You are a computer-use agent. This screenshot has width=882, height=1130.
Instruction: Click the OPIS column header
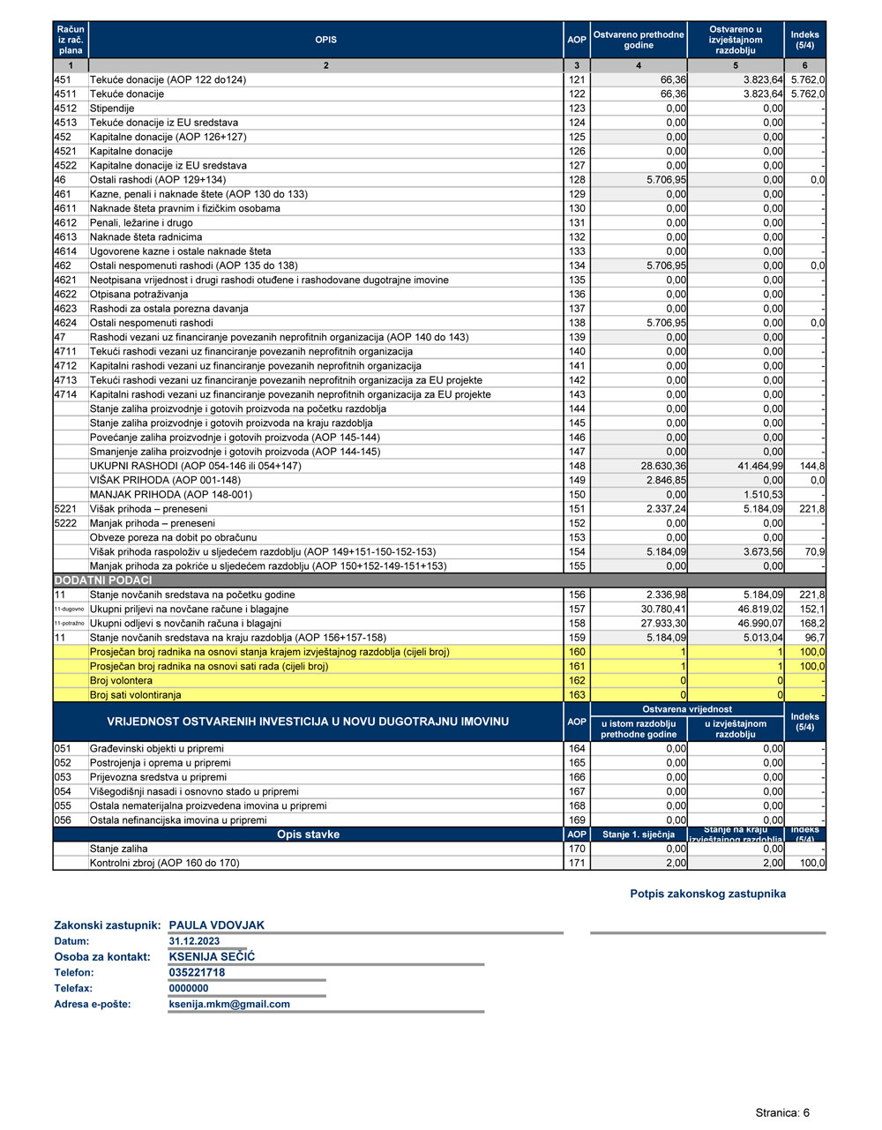[x=325, y=40]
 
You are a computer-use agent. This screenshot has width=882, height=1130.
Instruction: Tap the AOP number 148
[x=577, y=466]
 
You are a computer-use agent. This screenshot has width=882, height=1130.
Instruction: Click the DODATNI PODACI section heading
[x=103, y=580]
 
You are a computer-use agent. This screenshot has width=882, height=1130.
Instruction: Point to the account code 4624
[x=65, y=323]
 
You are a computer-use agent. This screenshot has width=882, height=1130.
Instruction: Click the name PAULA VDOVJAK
[x=217, y=925]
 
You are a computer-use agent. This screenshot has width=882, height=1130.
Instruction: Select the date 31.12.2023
[x=194, y=941]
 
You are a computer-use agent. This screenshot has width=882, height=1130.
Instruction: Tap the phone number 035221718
[x=197, y=973]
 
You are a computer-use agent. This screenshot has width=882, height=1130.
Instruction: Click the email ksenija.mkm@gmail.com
[x=229, y=1004]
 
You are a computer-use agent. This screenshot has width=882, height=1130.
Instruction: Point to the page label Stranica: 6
[x=782, y=1113]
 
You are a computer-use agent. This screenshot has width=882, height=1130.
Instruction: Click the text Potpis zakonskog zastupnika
[x=707, y=894]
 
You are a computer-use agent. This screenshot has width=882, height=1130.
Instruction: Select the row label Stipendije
[x=112, y=109]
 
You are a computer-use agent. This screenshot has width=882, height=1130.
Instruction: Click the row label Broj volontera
[x=121, y=680]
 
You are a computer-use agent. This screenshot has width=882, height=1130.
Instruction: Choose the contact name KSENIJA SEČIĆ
[x=212, y=957]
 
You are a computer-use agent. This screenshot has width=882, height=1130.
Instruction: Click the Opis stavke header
[x=308, y=834]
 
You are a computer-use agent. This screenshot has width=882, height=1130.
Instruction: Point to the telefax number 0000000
[x=189, y=989]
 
